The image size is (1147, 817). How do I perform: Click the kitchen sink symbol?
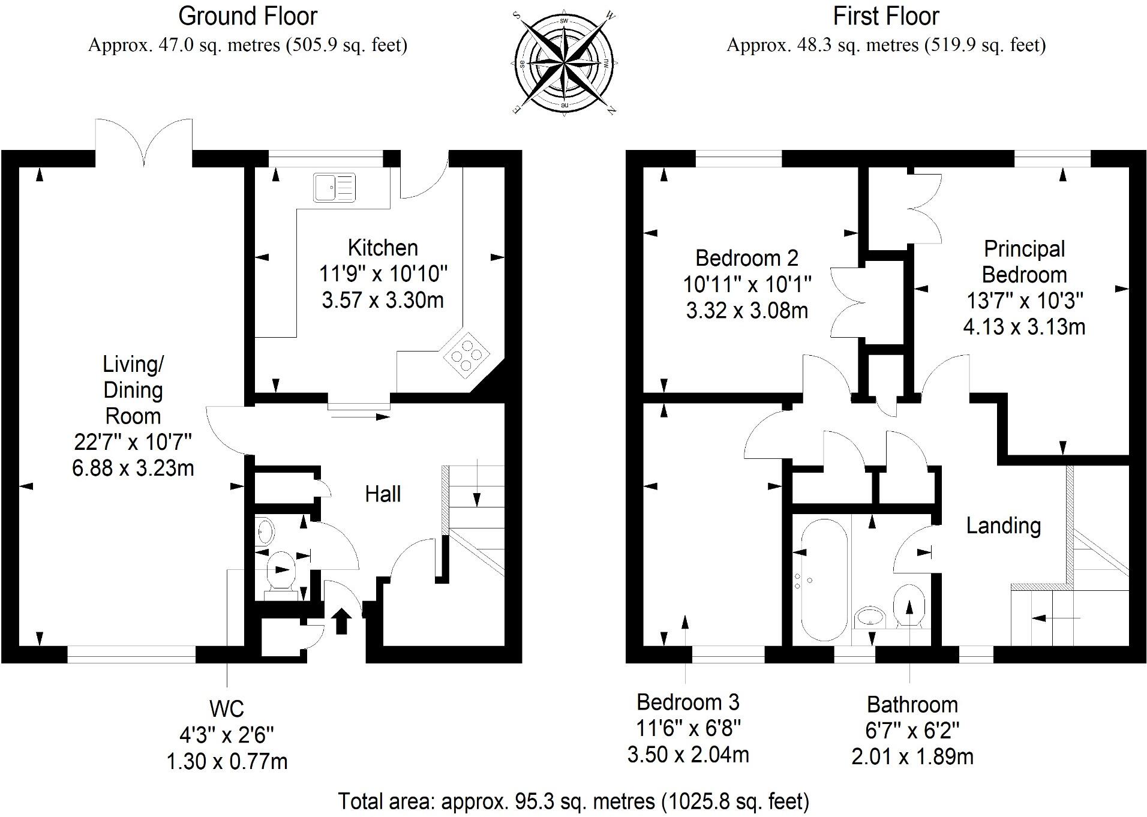(334, 187)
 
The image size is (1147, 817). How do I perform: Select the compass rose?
(564, 63)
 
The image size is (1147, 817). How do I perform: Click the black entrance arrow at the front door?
(341, 621)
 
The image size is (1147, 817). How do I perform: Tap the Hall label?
(383, 494)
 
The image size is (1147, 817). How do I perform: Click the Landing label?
(1003, 525)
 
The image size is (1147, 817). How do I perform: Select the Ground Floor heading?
(247, 16)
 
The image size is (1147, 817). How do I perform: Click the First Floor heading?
(885, 16)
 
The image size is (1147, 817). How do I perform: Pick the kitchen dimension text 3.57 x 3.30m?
(383, 299)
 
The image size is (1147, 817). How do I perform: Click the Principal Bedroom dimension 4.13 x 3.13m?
(1024, 327)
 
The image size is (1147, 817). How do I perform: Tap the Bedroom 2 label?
(746, 258)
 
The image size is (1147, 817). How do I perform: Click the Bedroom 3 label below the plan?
(687, 702)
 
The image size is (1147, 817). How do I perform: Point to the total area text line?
(573, 801)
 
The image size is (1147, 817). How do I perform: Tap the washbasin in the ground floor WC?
(265, 530)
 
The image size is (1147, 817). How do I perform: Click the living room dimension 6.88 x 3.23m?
(133, 468)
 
